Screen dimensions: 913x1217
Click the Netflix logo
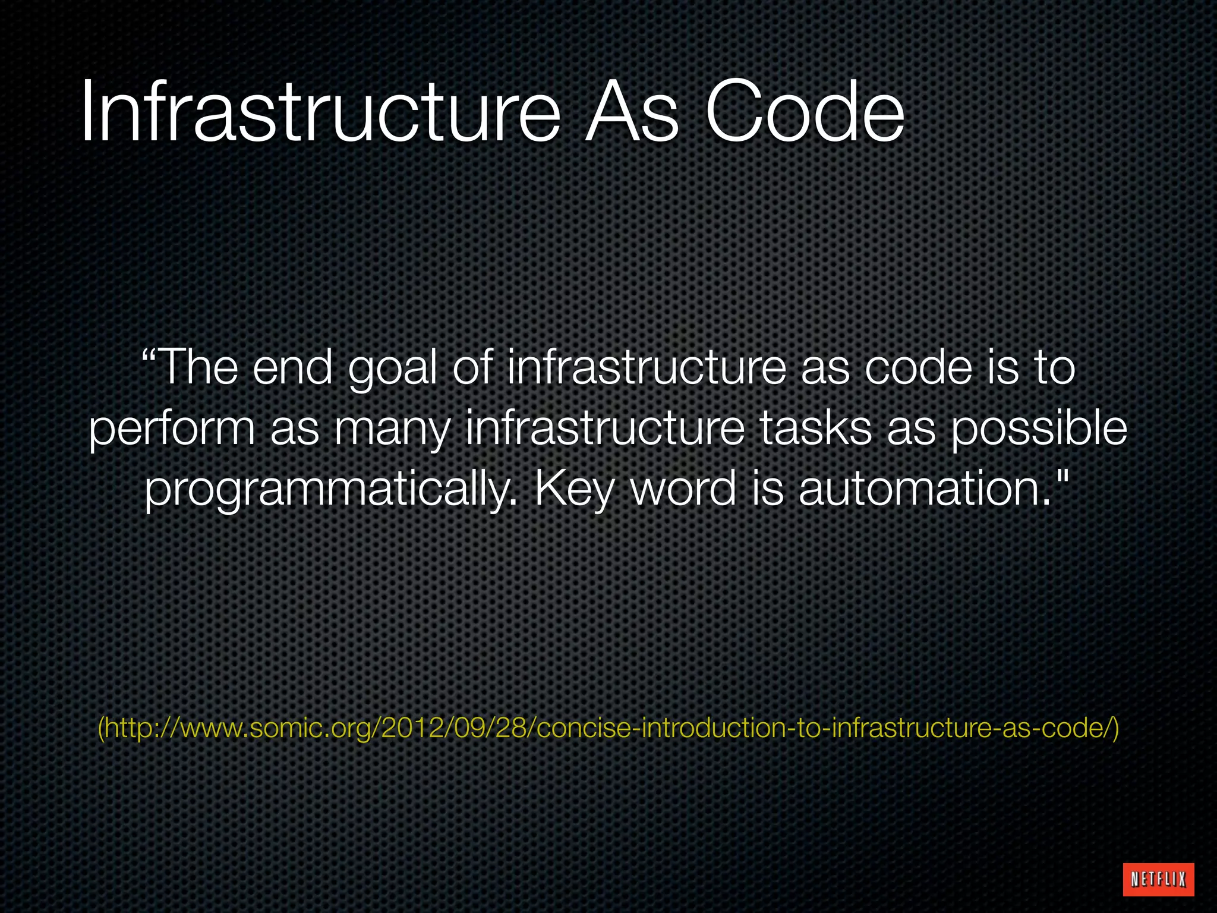(1158, 879)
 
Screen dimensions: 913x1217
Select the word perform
(171, 429)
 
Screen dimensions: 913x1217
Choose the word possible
(1039, 429)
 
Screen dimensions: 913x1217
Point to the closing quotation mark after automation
(1063, 476)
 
